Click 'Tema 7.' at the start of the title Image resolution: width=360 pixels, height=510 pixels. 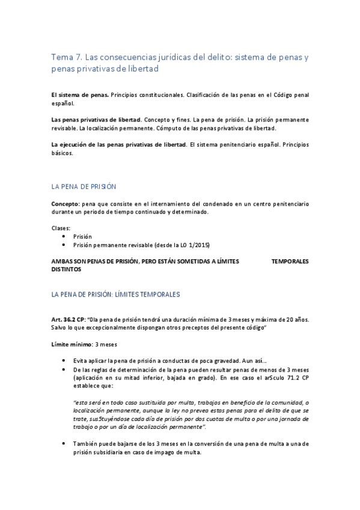pyautogui.click(x=66, y=58)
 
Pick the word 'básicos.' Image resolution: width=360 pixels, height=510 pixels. pyautogui.click(x=62, y=153)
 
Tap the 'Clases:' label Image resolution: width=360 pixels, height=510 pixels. pyautogui.click(x=61, y=229)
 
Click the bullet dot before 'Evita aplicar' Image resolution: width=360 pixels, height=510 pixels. pyautogui.click(x=64, y=360)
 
